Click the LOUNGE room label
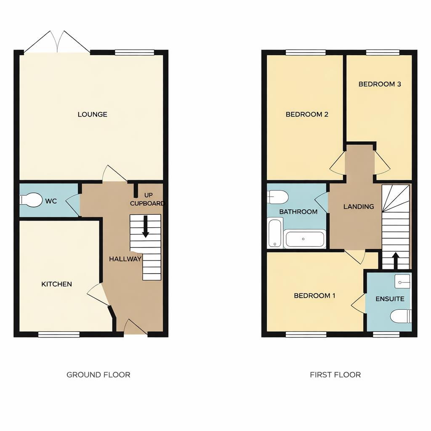(x=92, y=114)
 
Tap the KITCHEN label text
(x=56, y=284)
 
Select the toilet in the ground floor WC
(x=32, y=200)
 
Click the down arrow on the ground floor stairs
(x=145, y=226)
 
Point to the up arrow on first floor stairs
(x=395, y=260)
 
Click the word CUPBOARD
(x=147, y=204)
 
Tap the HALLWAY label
(x=125, y=259)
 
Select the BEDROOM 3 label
(x=380, y=84)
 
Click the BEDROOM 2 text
(x=307, y=114)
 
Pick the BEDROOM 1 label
(x=314, y=295)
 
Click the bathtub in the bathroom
(x=305, y=239)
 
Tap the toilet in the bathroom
(x=278, y=197)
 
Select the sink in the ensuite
(x=402, y=281)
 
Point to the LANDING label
(x=359, y=207)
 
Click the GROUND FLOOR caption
(x=98, y=375)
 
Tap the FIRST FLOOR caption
(x=335, y=375)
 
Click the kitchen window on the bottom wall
(x=59, y=335)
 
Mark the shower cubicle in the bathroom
(x=275, y=233)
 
